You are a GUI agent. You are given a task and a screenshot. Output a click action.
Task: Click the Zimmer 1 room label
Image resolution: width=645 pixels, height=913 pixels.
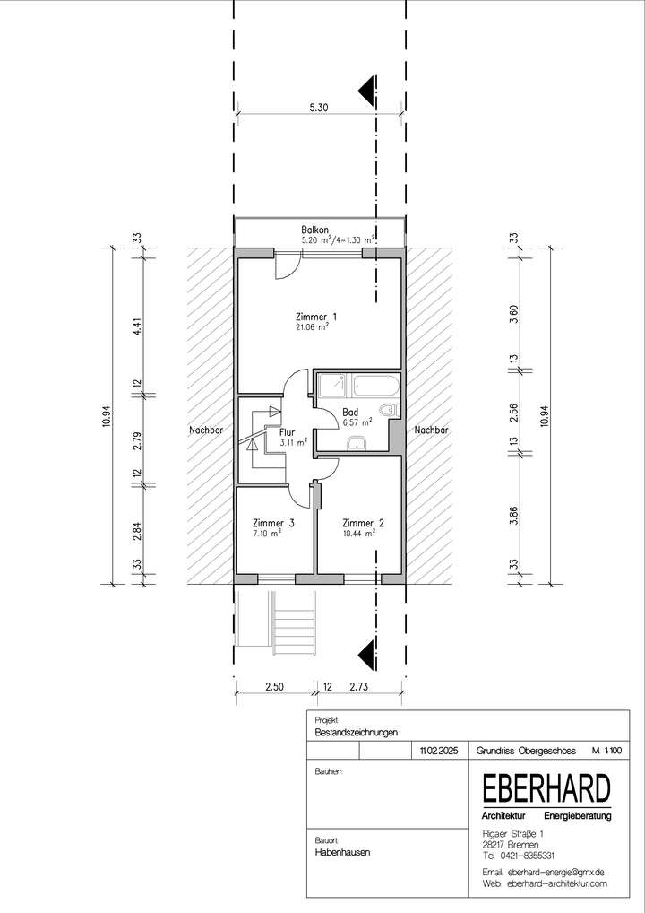316,317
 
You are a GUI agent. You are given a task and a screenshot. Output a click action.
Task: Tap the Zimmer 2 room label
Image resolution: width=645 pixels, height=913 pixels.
363,523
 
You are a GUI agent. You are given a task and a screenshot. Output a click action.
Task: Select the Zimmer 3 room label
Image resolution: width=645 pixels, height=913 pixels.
273,523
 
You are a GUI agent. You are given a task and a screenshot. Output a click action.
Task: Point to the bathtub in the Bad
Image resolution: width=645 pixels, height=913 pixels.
376,385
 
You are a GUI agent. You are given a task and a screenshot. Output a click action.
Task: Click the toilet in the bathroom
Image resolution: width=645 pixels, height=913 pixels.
388,409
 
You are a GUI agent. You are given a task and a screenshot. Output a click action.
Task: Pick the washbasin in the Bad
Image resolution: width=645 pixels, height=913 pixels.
356,444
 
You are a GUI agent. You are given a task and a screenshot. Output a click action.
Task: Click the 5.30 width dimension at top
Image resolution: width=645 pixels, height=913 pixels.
319,107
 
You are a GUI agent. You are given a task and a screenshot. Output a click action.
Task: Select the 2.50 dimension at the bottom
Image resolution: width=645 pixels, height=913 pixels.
274,686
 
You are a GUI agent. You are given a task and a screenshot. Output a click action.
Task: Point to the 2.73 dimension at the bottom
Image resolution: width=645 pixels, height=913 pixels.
359,686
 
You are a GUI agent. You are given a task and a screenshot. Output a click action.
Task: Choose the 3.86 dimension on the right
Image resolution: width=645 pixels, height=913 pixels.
513,516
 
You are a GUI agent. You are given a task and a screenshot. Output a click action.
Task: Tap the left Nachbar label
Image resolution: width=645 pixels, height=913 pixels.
206,430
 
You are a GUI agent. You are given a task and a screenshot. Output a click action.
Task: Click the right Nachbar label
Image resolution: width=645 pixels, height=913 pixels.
431,430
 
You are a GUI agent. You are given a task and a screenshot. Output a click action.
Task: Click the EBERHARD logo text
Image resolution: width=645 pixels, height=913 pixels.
546,789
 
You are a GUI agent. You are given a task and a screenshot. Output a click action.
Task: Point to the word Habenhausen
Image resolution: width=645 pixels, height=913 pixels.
342,852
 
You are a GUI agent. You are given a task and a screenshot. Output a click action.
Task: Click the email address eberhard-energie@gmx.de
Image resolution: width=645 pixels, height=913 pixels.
556,872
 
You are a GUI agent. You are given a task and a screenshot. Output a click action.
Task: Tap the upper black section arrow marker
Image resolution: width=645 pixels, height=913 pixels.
367,91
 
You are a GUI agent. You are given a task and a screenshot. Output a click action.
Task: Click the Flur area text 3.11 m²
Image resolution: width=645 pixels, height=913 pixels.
294,442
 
